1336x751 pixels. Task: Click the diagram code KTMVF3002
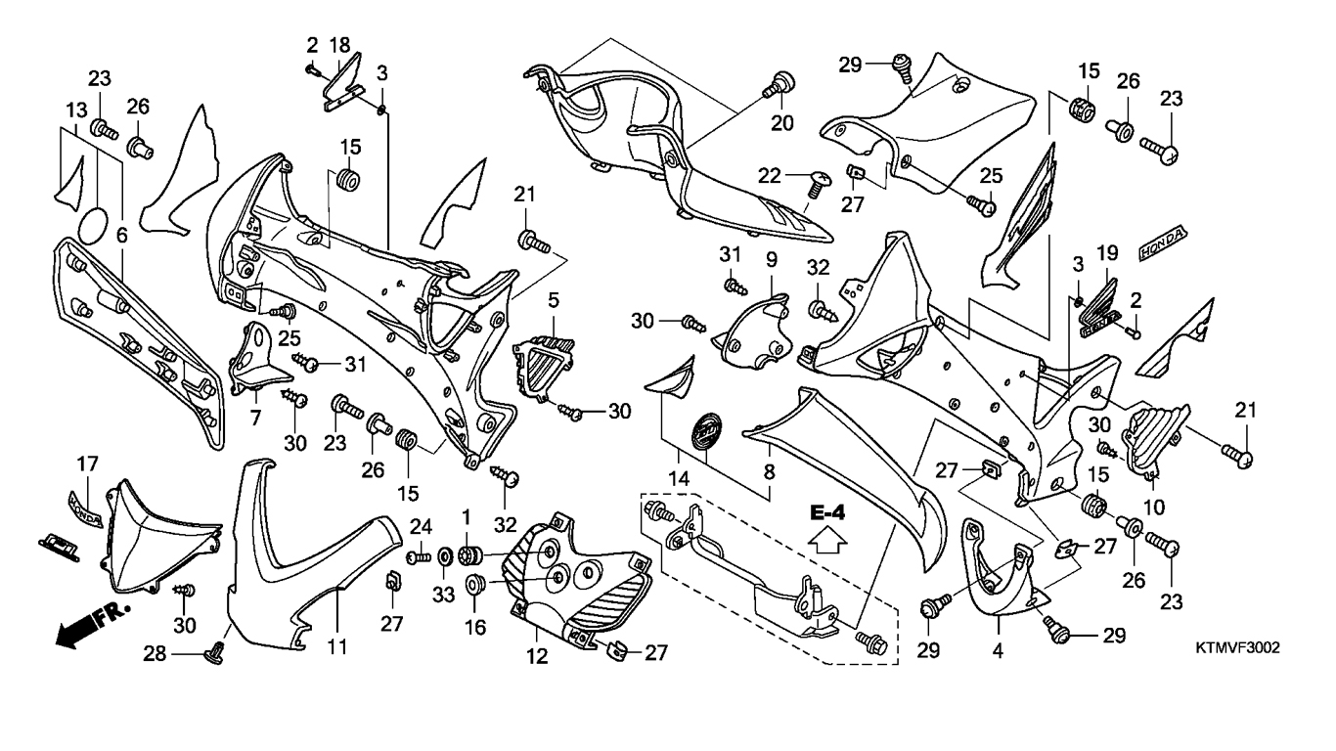(1237, 647)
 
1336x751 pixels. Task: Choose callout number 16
(474, 628)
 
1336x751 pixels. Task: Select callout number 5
(553, 299)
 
